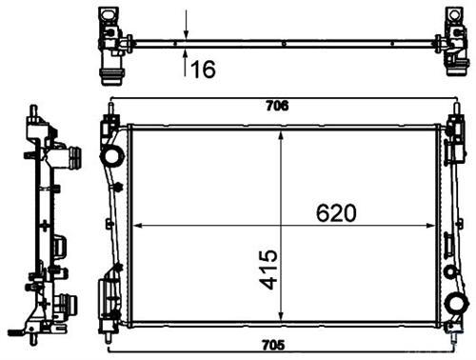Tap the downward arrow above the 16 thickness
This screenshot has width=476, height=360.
point(186,29)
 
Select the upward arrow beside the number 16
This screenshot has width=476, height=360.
point(186,57)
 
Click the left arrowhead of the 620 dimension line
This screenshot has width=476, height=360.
point(134,226)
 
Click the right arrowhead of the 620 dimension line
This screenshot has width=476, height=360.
point(437,226)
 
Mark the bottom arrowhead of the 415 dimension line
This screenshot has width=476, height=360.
point(281,319)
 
